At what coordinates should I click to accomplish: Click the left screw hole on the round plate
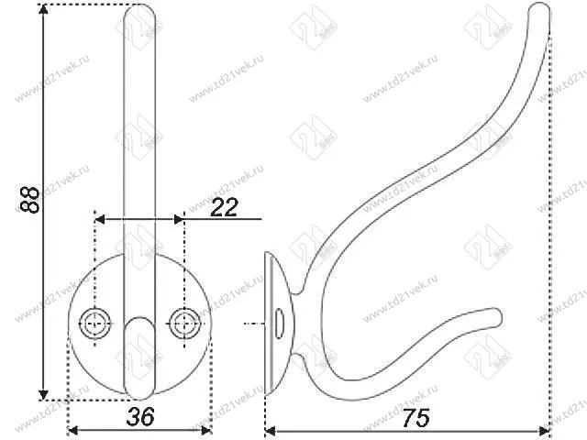click(x=94, y=322)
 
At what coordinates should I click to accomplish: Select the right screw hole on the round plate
click(x=184, y=322)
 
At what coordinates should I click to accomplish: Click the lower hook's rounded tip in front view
click(x=139, y=335)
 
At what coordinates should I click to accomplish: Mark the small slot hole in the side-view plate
click(x=277, y=323)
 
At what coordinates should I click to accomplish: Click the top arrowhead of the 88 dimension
click(x=43, y=11)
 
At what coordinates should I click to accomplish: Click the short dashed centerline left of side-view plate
click(x=249, y=324)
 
